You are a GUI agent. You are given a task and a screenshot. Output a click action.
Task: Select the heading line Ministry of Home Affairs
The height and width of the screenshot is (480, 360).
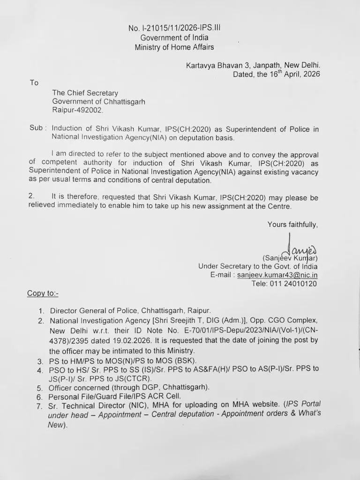click(x=175, y=47)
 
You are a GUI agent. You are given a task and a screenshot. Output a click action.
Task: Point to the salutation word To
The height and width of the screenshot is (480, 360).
click(x=34, y=83)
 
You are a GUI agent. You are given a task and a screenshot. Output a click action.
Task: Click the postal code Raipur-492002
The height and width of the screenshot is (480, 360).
click(x=77, y=110)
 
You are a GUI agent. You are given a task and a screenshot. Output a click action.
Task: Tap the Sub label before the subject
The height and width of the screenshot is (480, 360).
click(x=37, y=127)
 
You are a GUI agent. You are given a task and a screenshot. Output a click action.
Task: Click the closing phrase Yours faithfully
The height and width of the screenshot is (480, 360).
click(x=292, y=225)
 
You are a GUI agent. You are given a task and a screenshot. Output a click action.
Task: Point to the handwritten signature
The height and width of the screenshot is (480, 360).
click(x=297, y=246)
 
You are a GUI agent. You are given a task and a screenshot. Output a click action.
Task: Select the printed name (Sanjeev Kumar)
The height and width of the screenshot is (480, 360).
click(x=290, y=258)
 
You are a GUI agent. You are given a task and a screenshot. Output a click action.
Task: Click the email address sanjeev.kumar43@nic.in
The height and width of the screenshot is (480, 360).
click(x=277, y=275)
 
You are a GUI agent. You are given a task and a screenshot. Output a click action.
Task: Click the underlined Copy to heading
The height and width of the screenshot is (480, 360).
click(x=43, y=293)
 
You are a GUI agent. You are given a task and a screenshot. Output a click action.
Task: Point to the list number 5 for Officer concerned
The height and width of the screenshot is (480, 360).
click(x=41, y=388)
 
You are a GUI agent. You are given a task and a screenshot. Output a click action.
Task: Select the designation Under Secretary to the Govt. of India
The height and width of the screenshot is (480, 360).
click(x=258, y=266)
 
